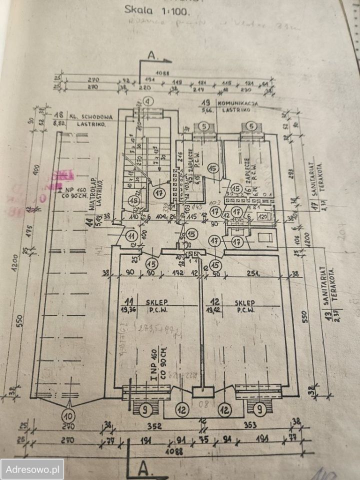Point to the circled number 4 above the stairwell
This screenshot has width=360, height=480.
pyautogui.click(x=147, y=100)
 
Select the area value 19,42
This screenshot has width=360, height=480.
pyautogui.click(x=215, y=310)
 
